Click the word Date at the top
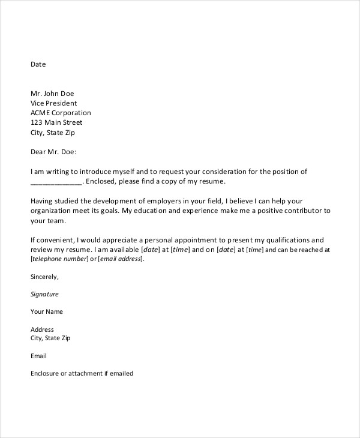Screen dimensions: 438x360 [x=38, y=64]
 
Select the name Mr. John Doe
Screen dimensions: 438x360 [x=53, y=94]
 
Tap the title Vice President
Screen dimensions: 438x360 [x=53, y=103]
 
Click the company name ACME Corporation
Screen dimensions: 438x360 [x=61, y=113]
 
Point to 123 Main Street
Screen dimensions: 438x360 [x=56, y=122]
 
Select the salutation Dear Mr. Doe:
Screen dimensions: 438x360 [x=53, y=152]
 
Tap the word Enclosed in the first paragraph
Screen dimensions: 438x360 [x=103, y=181]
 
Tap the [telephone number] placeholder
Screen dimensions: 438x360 [x=57, y=259]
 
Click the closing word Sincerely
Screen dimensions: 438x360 [x=44, y=277]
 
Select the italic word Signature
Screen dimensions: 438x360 [x=44, y=295]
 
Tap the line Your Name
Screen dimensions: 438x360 [x=46, y=312]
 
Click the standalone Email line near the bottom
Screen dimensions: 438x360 [x=38, y=356]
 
